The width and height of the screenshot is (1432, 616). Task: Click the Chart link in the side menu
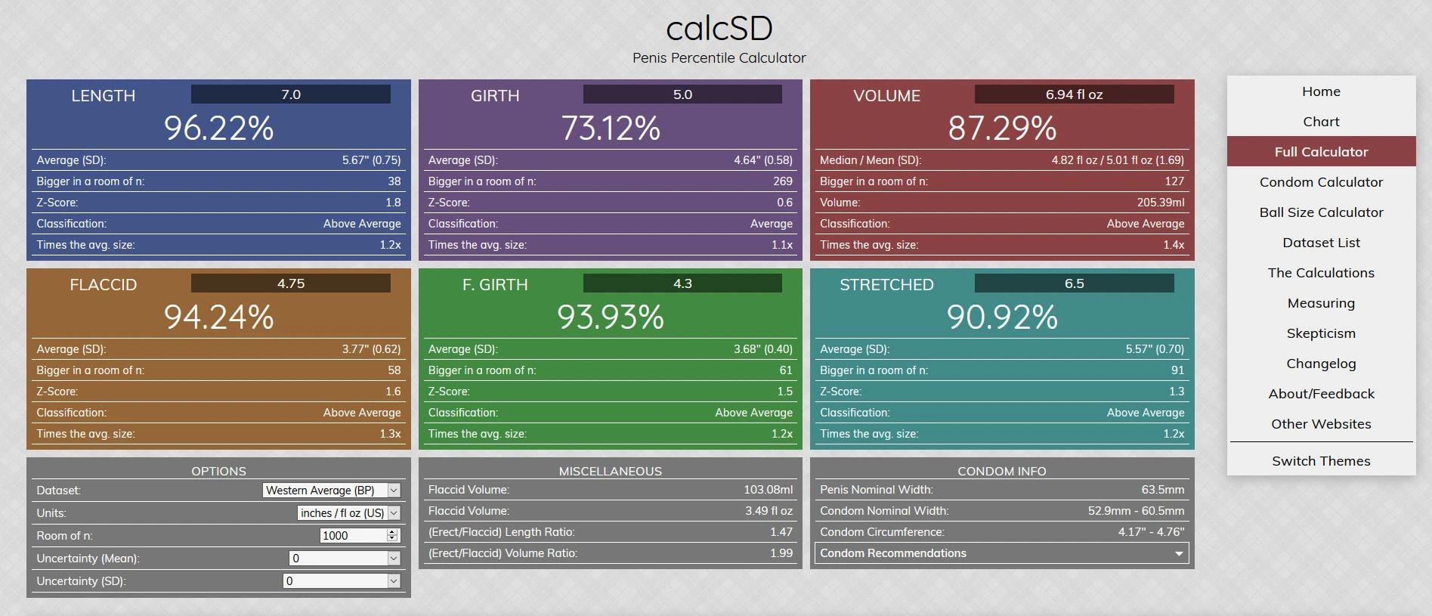(x=1321, y=122)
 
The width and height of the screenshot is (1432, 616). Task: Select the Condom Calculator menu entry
(x=1321, y=182)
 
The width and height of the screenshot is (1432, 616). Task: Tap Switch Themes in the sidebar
(x=1321, y=461)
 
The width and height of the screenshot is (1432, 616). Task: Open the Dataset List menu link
(x=1321, y=243)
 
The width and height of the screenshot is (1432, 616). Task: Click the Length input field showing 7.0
(x=291, y=94)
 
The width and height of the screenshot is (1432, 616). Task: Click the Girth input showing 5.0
(x=682, y=94)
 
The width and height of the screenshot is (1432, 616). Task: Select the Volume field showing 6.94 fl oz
(x=1074, y=94)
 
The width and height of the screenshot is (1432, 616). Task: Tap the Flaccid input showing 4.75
(x=291, y=283)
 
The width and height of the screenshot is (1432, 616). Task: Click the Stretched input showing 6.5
(x=1074, y=283)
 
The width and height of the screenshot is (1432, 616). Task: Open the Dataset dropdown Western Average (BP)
(x=331, y=491)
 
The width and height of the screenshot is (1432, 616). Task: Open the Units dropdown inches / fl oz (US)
(x=348, y=513)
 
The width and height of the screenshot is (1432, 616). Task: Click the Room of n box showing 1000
(x=354, y=536)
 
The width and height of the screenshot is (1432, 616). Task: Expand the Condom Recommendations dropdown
(x=1001, y=553)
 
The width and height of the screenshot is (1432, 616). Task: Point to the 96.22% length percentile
(x=219, y=128)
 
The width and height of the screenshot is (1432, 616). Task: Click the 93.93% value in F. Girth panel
(x=611, y=317)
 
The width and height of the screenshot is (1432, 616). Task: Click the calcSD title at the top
(x=719, y=29)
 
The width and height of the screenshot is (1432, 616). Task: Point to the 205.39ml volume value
(x=1161, y=203)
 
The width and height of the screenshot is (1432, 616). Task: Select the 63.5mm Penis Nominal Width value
(x=1163, y=490)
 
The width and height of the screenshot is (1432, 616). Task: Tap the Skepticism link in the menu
(x=1321, y=333)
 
